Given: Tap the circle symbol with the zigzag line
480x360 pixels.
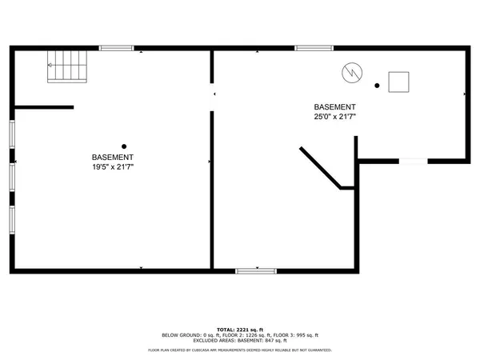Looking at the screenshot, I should (x=350, y=72).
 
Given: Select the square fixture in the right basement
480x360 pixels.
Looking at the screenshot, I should (x=398, y=82).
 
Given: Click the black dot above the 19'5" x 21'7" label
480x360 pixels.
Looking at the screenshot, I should (x=124, y=146).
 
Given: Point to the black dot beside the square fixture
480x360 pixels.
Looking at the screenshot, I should (x=377, y=85).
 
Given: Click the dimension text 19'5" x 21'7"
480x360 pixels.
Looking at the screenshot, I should (x=112, y=168).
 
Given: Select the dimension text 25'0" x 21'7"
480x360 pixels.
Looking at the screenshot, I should (x=334, y=117).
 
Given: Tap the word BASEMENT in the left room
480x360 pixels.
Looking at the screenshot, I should (x=112, y=158).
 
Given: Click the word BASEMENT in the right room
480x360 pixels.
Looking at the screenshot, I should (x=334, y=106).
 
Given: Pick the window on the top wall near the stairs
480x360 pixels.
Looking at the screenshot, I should (x=117, y=49).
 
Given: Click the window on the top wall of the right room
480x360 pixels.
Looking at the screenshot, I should (x=314, y=49).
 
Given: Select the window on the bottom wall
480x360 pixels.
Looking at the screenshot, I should (x=255, y=272).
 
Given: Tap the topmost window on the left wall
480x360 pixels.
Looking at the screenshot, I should (x=11, y=134).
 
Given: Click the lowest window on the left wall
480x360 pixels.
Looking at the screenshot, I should (x=11, y=218).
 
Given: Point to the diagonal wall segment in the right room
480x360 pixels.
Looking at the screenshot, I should (x=320, y=167).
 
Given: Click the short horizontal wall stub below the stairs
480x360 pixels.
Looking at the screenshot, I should (x=44, y=107).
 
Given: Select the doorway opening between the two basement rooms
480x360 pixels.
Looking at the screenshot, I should (x=212, y=95).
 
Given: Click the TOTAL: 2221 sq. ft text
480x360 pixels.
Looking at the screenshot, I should (x=240, y=328).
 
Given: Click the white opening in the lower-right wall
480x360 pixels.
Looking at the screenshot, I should (x=413, y=162).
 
